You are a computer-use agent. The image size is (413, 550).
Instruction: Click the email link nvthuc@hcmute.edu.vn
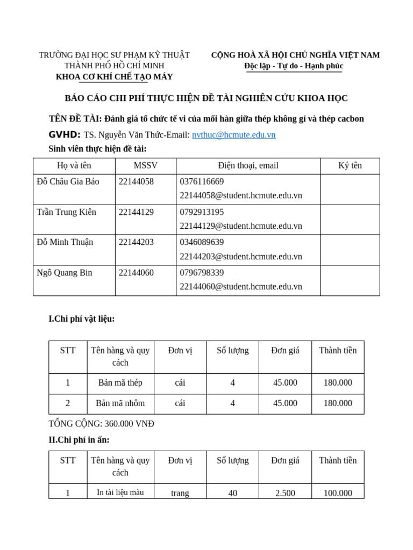233,135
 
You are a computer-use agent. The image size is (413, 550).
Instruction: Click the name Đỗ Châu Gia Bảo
68,182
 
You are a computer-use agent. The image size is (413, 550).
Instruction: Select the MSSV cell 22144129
136,212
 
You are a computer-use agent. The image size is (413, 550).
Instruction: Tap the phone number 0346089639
202,242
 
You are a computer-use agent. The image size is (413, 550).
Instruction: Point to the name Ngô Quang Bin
65,273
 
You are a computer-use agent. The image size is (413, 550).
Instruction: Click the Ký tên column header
350,165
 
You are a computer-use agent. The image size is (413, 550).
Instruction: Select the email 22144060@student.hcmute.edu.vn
241,286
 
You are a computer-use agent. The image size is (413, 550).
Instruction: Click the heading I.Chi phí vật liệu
82,319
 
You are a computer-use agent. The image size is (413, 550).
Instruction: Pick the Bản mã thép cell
120,383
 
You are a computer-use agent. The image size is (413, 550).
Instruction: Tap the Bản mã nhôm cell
120,403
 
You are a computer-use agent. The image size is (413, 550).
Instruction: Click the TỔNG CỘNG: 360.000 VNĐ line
101,424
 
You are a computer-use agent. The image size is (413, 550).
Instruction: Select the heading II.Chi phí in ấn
79,440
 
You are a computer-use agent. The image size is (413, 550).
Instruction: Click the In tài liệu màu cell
120,493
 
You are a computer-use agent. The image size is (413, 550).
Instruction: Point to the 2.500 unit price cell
285,493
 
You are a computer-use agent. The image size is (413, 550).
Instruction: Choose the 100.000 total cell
338,493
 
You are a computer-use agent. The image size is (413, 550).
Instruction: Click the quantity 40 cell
232,493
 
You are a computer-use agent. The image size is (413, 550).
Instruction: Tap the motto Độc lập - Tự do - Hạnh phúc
294,66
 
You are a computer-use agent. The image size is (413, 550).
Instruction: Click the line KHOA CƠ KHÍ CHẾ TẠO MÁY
114,77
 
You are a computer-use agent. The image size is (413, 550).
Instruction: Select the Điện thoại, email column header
248,165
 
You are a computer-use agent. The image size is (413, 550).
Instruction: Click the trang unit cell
180,493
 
